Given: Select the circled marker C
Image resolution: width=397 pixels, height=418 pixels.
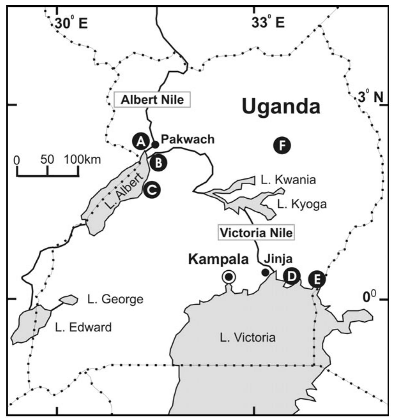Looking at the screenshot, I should pos(152,190).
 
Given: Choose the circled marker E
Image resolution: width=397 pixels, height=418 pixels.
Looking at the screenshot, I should pos(317,280).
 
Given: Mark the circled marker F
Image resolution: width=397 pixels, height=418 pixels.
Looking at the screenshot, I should pos(282,146).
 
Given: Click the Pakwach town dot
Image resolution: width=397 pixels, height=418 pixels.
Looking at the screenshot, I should pos(155,144).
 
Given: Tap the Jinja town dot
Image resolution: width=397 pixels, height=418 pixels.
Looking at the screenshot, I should pos(265,272).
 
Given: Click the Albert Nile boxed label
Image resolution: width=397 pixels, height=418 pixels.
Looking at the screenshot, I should pos(153,100).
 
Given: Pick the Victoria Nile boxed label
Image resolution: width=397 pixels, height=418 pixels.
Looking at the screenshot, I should pos(256,233).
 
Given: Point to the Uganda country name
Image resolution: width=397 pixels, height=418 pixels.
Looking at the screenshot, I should pos(281,106).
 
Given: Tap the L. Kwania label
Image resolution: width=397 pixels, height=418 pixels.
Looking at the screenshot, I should pos(288,180).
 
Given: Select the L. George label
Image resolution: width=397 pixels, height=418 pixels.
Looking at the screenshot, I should pos(115,299).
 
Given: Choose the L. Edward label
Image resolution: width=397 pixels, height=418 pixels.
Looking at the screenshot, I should pos(83,327).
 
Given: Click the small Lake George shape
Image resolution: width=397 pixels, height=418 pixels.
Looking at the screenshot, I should pos(69,299).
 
